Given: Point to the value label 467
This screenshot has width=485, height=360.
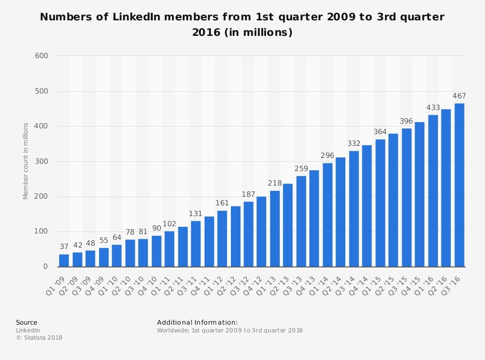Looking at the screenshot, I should [459, 96].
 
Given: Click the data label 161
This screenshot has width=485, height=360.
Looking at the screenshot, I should [222, 203].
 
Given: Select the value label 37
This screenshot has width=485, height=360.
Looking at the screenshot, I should [64, 247].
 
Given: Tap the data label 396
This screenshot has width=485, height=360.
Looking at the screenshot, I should [406, 121].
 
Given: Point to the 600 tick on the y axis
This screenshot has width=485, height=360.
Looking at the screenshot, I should [42, 56].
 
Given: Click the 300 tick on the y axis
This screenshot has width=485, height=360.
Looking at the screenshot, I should [42, 161].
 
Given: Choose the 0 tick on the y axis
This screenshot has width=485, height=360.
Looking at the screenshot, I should [46, 266].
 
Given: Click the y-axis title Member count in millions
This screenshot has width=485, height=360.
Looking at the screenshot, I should [25, 161].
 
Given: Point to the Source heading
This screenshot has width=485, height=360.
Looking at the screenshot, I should [27, 322].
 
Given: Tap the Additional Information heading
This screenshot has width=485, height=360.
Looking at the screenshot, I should [197, 322].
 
